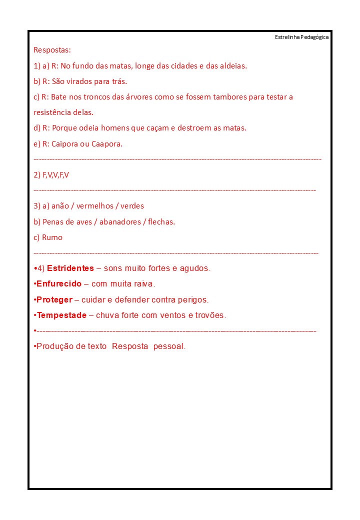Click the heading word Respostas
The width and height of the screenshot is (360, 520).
tap(52, 50)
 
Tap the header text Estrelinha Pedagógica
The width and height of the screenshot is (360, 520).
tap(301, 37)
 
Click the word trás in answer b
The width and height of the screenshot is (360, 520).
tap(118, 81)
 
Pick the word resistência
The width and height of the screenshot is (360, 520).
tap(52, 112)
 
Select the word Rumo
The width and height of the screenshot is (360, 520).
tap(52, 237)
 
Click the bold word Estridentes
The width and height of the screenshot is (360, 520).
tap(70, 268)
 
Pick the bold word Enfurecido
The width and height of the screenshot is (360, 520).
tap(59, 284)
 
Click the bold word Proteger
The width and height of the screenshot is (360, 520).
tap(54, 300)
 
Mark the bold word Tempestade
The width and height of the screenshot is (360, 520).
tap(61, 315)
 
